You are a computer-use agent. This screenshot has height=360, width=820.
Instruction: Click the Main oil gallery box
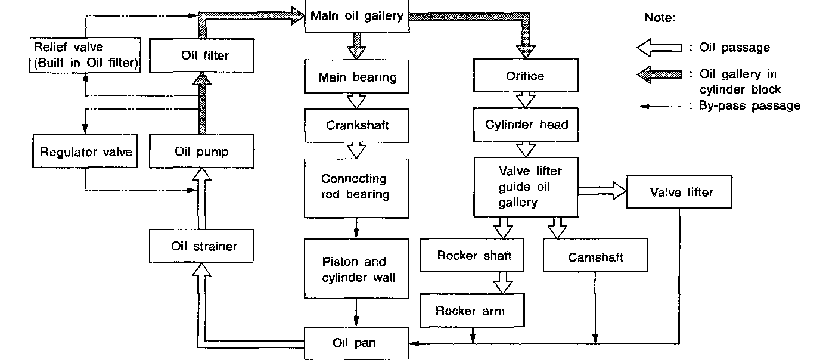click(356, 16)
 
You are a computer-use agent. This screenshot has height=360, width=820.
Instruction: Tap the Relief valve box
click(86, 55)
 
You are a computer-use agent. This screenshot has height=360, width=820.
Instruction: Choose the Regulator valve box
click(86, 151)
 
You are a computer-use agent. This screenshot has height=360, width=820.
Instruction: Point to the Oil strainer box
click(204, 246)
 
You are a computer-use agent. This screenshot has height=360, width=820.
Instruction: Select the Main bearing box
click(356, 77)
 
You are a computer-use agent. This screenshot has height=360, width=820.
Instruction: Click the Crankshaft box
click(356, 125)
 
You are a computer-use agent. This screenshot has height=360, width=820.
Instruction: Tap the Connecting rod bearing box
click(356, 187)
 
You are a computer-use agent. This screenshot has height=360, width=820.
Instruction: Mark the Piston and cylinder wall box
click(356, 269)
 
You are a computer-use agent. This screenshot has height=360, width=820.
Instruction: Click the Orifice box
click(525, 76)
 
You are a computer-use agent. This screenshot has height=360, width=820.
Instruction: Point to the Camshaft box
click(595, 257)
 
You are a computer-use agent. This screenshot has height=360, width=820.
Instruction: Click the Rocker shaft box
click(474, 256)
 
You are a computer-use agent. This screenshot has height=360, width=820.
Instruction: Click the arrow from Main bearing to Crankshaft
click(356, 101)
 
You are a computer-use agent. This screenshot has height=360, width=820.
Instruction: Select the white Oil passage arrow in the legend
click(659, 48)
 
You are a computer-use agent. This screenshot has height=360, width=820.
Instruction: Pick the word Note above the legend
click(660, 18)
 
